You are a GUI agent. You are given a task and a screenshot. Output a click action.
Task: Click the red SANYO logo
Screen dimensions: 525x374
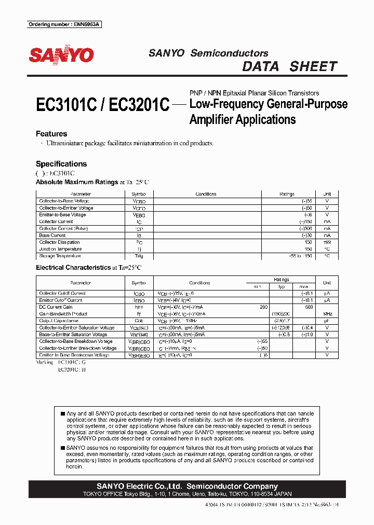click(61, 55)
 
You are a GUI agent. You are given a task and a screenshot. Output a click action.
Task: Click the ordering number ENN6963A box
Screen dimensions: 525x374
click(64, 24)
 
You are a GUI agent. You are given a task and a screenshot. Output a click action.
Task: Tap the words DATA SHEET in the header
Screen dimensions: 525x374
click(290, 66)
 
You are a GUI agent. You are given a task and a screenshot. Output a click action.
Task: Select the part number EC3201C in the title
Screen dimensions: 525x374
click(138, 105)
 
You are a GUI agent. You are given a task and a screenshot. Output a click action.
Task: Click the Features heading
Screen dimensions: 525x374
click(51, 134)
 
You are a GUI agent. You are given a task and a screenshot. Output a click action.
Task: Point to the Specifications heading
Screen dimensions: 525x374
click(61, 163)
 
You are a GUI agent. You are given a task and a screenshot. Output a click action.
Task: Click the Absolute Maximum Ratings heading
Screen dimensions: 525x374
click(77, 182)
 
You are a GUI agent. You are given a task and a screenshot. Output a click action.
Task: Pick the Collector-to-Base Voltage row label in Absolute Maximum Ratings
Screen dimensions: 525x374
click(64, 201)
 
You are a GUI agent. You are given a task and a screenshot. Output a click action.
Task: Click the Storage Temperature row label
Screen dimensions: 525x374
click(60, 256)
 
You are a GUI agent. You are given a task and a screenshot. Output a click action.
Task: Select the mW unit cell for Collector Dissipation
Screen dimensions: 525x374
click(327, 242)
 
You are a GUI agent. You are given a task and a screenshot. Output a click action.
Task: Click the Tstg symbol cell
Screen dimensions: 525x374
click(139, 256)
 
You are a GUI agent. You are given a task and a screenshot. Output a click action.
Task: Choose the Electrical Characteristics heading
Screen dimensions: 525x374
click(73, 268)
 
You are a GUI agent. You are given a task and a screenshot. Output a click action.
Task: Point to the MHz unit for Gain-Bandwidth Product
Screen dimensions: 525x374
click(327, 314)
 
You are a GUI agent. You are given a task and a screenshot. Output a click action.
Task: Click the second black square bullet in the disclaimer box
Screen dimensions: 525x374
click(63, 447)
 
